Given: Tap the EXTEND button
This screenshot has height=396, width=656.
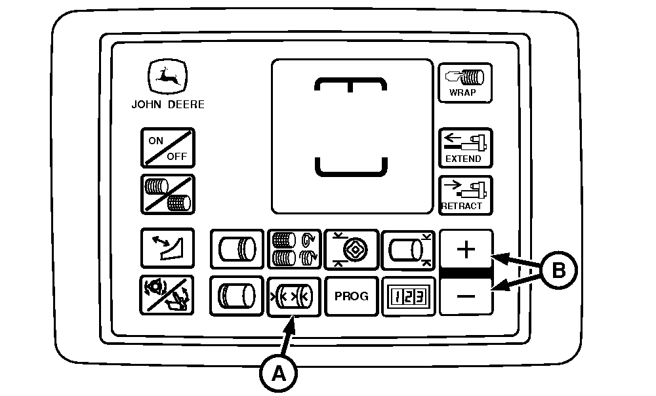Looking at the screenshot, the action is pos(465,148).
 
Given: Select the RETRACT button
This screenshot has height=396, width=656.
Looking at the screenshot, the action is pos(465,195).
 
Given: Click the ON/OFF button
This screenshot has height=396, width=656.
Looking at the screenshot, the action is pos(168,148).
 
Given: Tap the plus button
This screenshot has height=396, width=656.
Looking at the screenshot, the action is pos(466,249).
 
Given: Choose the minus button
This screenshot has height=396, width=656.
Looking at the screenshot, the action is pos(466,296).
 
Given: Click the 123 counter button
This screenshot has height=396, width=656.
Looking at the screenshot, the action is pos(408,296).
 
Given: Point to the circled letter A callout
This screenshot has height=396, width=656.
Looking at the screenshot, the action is pos(278,373).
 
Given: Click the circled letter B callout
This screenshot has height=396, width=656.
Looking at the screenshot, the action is pos(558,270).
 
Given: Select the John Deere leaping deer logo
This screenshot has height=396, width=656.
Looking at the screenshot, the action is pos(167,76).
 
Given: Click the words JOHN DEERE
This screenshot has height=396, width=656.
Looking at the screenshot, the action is pos(168,104).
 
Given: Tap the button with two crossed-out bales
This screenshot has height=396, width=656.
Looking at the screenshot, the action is pos(168,195).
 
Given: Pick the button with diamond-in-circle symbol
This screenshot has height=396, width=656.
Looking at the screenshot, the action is pos(352,249).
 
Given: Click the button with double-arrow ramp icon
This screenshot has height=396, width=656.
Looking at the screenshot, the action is pos(167,248).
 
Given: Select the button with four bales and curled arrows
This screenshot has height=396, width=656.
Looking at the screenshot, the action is pos(294,249).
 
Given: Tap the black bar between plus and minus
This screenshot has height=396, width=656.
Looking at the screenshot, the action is pos(466,273).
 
